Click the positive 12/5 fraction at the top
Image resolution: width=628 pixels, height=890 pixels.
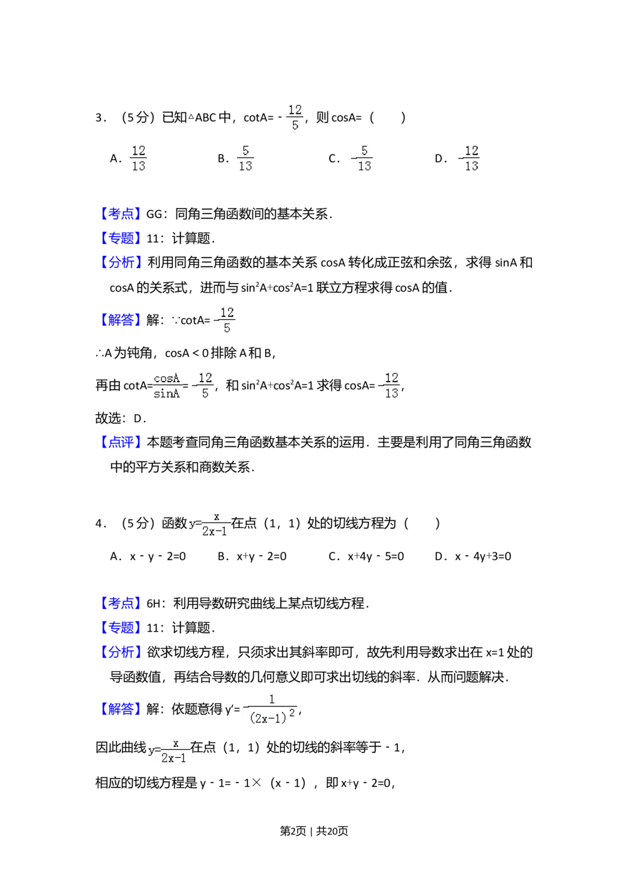point(294,118)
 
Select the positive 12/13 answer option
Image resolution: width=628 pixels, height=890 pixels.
point(138,158)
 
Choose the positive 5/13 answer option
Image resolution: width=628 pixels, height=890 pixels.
point(246,158)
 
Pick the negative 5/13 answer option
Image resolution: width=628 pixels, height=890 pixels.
point(362,158)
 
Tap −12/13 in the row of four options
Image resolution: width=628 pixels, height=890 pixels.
point(468,158)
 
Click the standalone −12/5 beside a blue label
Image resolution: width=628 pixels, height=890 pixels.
point(222,320)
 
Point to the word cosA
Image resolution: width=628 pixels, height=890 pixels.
point(167,378)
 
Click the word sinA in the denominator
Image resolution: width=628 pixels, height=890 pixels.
point(166,393)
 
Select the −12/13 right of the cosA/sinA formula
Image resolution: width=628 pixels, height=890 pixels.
point(387,385)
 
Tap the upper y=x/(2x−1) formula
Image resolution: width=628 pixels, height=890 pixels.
point(212,523)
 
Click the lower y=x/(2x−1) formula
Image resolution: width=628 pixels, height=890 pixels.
point(169,750)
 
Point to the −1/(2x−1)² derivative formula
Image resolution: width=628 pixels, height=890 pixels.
point(269,709)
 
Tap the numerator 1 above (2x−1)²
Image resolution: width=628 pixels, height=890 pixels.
point(272,699)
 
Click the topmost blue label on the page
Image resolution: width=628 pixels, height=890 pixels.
point(121,214)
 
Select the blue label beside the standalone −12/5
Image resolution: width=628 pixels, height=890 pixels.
point(121,319)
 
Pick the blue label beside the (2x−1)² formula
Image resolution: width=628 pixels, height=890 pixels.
point(121,709)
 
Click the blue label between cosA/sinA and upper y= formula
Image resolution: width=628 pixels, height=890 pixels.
point(121,442)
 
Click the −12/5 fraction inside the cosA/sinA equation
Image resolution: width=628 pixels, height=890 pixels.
point(203,385)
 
